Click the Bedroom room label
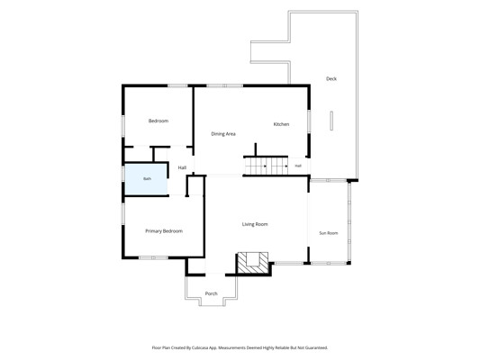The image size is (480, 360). click(158, 121)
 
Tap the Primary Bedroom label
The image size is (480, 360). click(164, 231)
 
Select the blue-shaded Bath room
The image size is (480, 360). click(146, 179)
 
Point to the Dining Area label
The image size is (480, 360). click(223, 134)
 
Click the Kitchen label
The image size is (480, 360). click(281, 124)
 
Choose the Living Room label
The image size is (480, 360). click(255, 224)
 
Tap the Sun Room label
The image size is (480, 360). click(329, 233)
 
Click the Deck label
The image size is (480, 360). click(331, 78)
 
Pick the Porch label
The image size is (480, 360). click(212, 293)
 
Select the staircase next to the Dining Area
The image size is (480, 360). click(266, 166)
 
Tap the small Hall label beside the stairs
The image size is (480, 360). click(298, 166)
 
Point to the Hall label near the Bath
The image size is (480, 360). click(182, 167)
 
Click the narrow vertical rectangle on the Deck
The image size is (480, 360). click(331, 121)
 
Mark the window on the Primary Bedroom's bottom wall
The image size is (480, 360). click(153, 257)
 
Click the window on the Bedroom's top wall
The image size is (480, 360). click(177, 85)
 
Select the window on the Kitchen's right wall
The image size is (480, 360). click(309, 121)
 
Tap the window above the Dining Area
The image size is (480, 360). click(225, 85)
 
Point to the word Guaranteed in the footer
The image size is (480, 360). click(317, 347)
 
